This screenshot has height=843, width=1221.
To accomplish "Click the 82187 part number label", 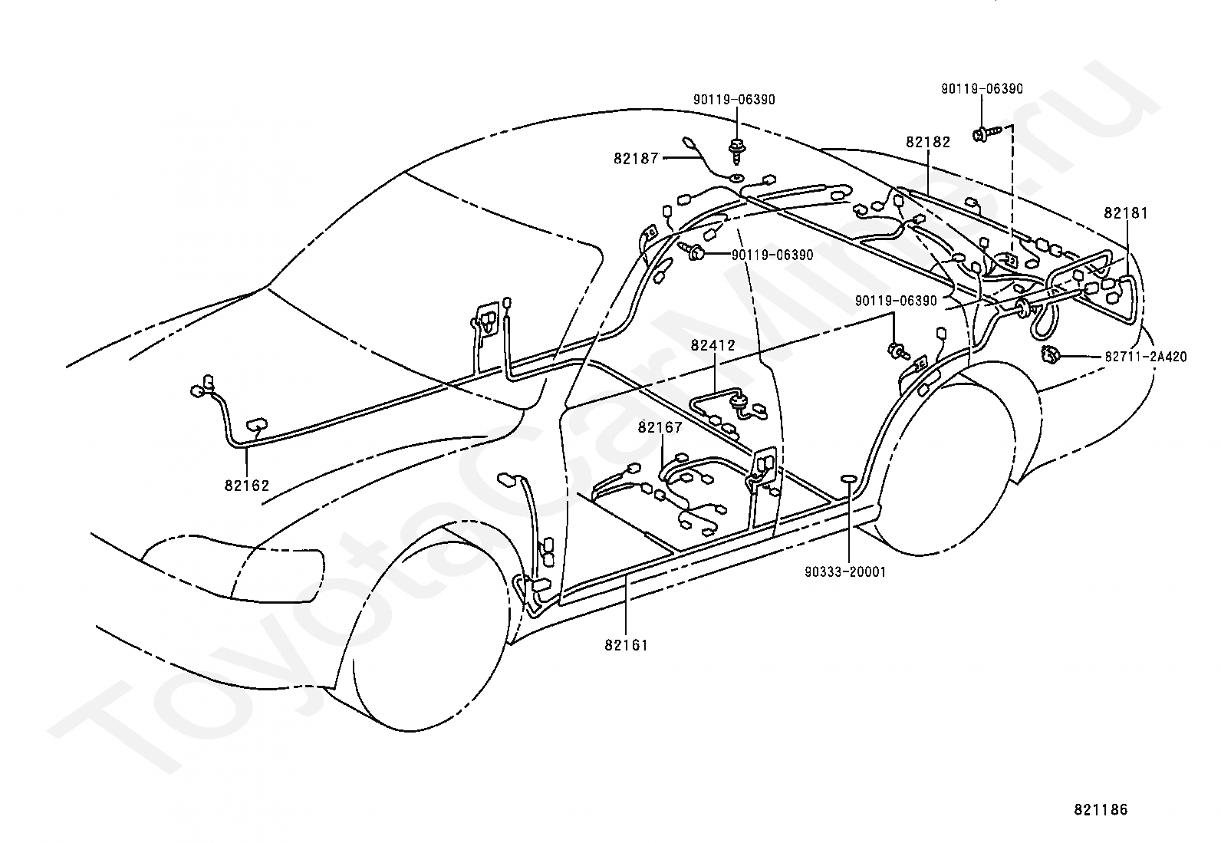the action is pyautogui.click(x=636, y=158).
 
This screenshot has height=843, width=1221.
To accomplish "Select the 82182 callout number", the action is pyautogui.click(x=928, y=142).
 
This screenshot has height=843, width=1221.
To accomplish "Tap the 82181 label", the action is pyautogui.click(x=1126, y=212).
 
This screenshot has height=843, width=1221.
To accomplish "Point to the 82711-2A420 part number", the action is pyautogui.click(x=1146, y=357).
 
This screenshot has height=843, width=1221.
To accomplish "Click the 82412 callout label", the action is pyautogui.click(x=713, y=345).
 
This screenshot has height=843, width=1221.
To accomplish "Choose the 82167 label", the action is pyautogui.click(x=660, y=427).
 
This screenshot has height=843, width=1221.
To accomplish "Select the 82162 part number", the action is pyautogui.click(x=247, y=486).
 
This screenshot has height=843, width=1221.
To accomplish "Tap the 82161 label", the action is pyautogui.click(x=627, y=645).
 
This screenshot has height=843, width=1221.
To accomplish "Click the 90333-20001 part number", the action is pyautogui.click(x=845, y=571).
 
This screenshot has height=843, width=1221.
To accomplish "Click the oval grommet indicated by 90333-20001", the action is pyautogui.click(x=849, y=478).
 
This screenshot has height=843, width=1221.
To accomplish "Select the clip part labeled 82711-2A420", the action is pyautogui.click(x=1050, y=355).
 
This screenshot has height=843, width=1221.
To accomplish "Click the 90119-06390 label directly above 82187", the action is pyautogui.click(x=734, y=100).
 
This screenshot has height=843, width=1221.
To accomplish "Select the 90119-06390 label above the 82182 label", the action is pyautogui.click(x=982, y=89).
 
